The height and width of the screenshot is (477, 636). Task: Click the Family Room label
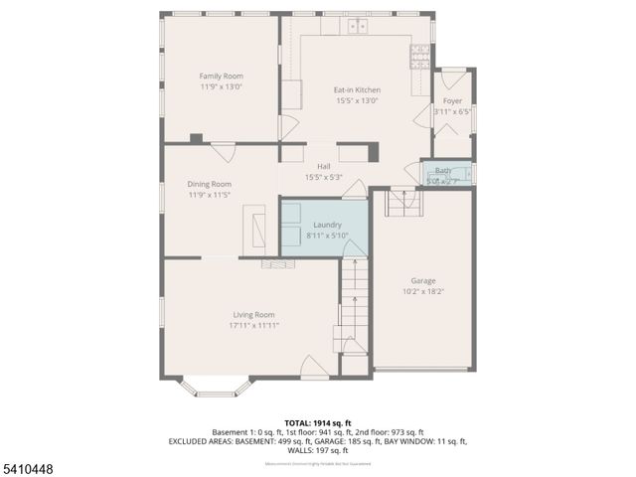tap(221, 77)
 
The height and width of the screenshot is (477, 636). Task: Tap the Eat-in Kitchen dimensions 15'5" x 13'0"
tap(356, 100)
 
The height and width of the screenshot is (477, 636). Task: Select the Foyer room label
tap(452, 101)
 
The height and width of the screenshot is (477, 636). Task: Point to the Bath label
tap(442, 171)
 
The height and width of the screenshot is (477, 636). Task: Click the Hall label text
tap(323, 166)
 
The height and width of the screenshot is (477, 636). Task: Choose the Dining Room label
tap(210, 184)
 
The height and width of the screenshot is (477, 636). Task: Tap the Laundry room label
tap(327, 226)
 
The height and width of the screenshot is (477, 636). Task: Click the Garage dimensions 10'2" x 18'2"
tap(423, 291)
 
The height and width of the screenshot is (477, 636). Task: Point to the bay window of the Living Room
tap(216, 388)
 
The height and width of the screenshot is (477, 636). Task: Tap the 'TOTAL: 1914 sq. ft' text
tap(318, 423)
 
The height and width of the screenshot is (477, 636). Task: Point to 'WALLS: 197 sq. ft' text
tap(318, 450)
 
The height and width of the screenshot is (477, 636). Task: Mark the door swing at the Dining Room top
tap(223, 152)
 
